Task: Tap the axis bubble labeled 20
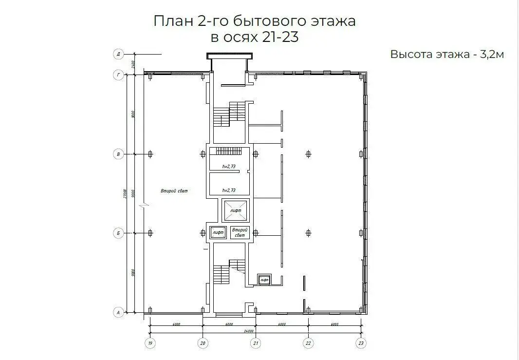click(203, 343)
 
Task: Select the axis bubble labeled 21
click(256, 343)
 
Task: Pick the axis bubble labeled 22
click(308, 343)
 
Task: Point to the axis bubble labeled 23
click(361, 343)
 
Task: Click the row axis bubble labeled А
click(118, 312)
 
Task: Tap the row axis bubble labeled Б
click(118, 233)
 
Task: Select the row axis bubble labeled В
click(118, 154)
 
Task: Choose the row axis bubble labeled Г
click(118, 75)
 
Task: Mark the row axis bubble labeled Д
click(118, 54)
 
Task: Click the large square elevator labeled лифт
click(235, 210)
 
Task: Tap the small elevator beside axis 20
click(218, 233)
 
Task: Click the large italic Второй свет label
click(174, 191)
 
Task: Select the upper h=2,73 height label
click(229, 167)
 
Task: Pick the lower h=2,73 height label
click(229, 190)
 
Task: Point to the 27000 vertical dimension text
click(126, 194)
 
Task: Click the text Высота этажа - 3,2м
click(446, 54)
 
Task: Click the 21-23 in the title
click(280, 38)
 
